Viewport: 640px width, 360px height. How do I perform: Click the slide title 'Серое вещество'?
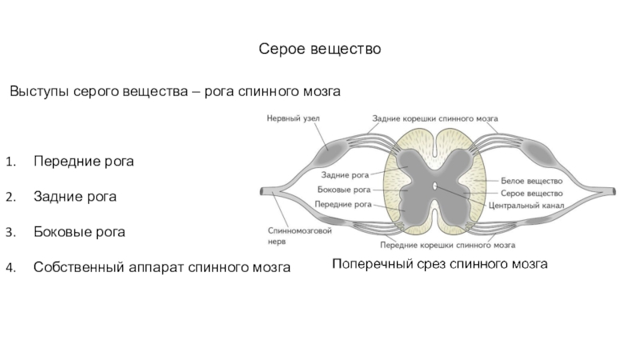tap(319, 49)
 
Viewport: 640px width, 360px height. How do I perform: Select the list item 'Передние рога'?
tap(84, 162)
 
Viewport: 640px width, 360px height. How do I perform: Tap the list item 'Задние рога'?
tap(75, 197)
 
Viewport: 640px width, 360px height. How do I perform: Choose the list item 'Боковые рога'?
tap(79, 232)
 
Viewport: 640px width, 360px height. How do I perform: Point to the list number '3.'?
tap(10, 232)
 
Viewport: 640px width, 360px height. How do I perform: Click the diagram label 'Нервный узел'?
tap(293, 118)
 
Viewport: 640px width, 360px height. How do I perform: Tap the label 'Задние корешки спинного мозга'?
tap(434, 118)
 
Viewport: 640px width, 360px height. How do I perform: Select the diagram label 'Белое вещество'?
tap(531, 181)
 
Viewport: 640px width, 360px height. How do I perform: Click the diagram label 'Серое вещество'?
tap(531, 193)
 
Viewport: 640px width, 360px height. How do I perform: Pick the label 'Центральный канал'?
tap(526, 206)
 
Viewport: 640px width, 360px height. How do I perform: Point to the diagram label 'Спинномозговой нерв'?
tap(299, 236)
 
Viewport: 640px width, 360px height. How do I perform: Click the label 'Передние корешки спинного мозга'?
tap(447, 246)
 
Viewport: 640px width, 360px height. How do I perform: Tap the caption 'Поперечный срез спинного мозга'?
tap(439, 264)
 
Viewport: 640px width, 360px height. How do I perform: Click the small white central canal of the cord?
tap(434, 186)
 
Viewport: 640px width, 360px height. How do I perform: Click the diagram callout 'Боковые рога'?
tap(344, 190)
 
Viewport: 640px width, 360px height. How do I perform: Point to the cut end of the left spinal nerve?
tap(262, 191)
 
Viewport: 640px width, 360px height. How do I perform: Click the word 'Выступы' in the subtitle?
tap(39, 91)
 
